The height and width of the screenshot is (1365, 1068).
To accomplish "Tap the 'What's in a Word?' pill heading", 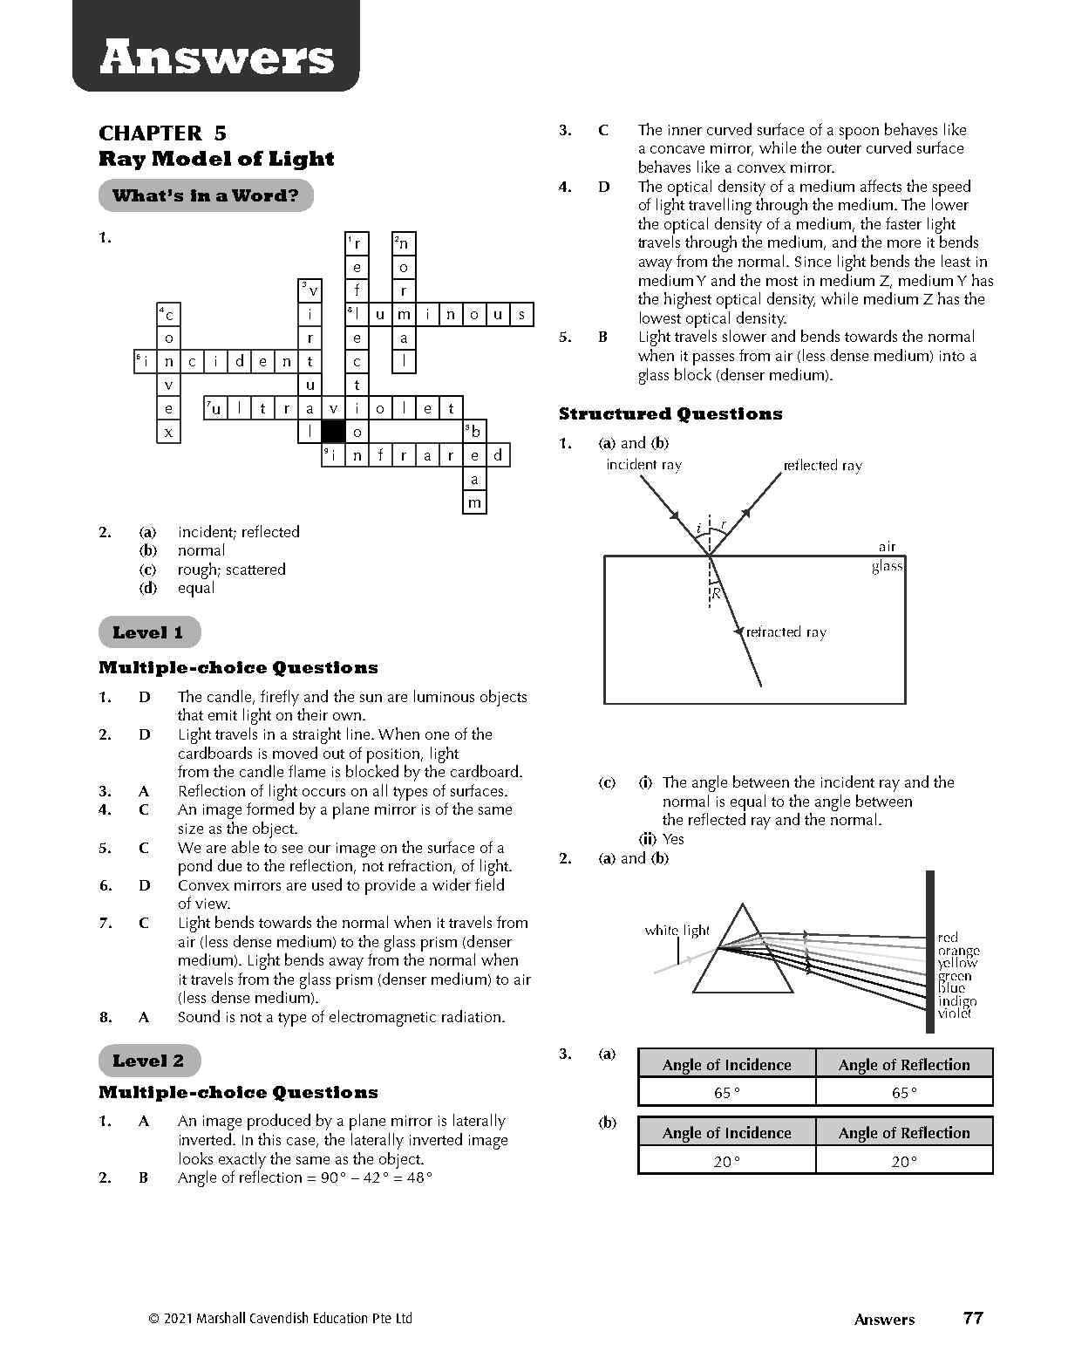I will [206, 195].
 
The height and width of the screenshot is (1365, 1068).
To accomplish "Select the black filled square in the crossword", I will [333, 432].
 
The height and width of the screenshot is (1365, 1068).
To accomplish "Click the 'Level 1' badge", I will [148, 632].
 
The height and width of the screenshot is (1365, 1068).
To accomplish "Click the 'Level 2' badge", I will [148, 1061].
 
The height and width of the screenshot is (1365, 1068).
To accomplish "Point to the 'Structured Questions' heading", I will [670, 414].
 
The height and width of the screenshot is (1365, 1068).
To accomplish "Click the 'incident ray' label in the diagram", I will [643, 465].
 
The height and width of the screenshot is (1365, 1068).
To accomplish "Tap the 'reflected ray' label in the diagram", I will [822, 466].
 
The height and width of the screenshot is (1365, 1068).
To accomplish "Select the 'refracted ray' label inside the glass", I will [786, 632].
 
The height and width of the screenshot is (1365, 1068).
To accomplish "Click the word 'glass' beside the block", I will [887, 566].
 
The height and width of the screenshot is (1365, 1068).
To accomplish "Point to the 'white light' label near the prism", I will [677, 931].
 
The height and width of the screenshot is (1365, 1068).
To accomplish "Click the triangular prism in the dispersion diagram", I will [742, 955].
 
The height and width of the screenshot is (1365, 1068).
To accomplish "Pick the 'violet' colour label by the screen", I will [955, 1013].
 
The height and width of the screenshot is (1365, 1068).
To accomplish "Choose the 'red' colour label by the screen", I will [948, 938].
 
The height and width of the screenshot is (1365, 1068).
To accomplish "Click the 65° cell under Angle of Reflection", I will [903, 1092].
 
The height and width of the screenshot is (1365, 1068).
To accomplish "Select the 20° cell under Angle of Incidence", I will [726, 1161].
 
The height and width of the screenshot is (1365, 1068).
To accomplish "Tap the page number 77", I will [973, 1318].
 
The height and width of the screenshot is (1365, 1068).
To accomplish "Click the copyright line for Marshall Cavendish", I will [280, 1319].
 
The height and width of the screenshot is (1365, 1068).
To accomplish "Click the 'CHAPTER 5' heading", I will [162, 133].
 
